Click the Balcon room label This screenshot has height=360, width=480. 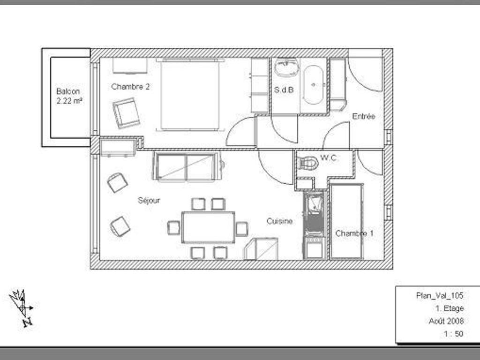coord(68,91)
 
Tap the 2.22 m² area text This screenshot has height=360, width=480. coord(69,101)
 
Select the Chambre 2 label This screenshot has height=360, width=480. coord(130,87)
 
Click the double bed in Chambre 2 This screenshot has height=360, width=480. coord(190,95)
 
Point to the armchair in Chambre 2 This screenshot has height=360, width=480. coord(126,113)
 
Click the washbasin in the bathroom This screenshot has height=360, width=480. coord(286,67)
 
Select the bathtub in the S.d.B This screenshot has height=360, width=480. coord(313,85)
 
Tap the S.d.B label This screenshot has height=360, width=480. coord(284,90)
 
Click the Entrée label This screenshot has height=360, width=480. coord(364,116)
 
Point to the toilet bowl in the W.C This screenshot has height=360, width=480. coord(308,163)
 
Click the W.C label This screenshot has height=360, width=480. coord(329,158)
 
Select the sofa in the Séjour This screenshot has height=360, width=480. coord(187,167)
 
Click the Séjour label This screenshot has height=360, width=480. coord(149,201)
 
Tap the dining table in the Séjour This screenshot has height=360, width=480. coord(208,227)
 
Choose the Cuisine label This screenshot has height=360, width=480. coord(279,221)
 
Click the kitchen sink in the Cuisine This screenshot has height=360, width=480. coord(314,204)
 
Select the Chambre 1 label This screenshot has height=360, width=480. coord(354,233)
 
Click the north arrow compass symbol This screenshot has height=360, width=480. coord(21,307)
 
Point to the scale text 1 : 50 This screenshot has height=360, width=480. coord(454,334)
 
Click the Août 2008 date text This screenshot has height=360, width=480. coord(446,321)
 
